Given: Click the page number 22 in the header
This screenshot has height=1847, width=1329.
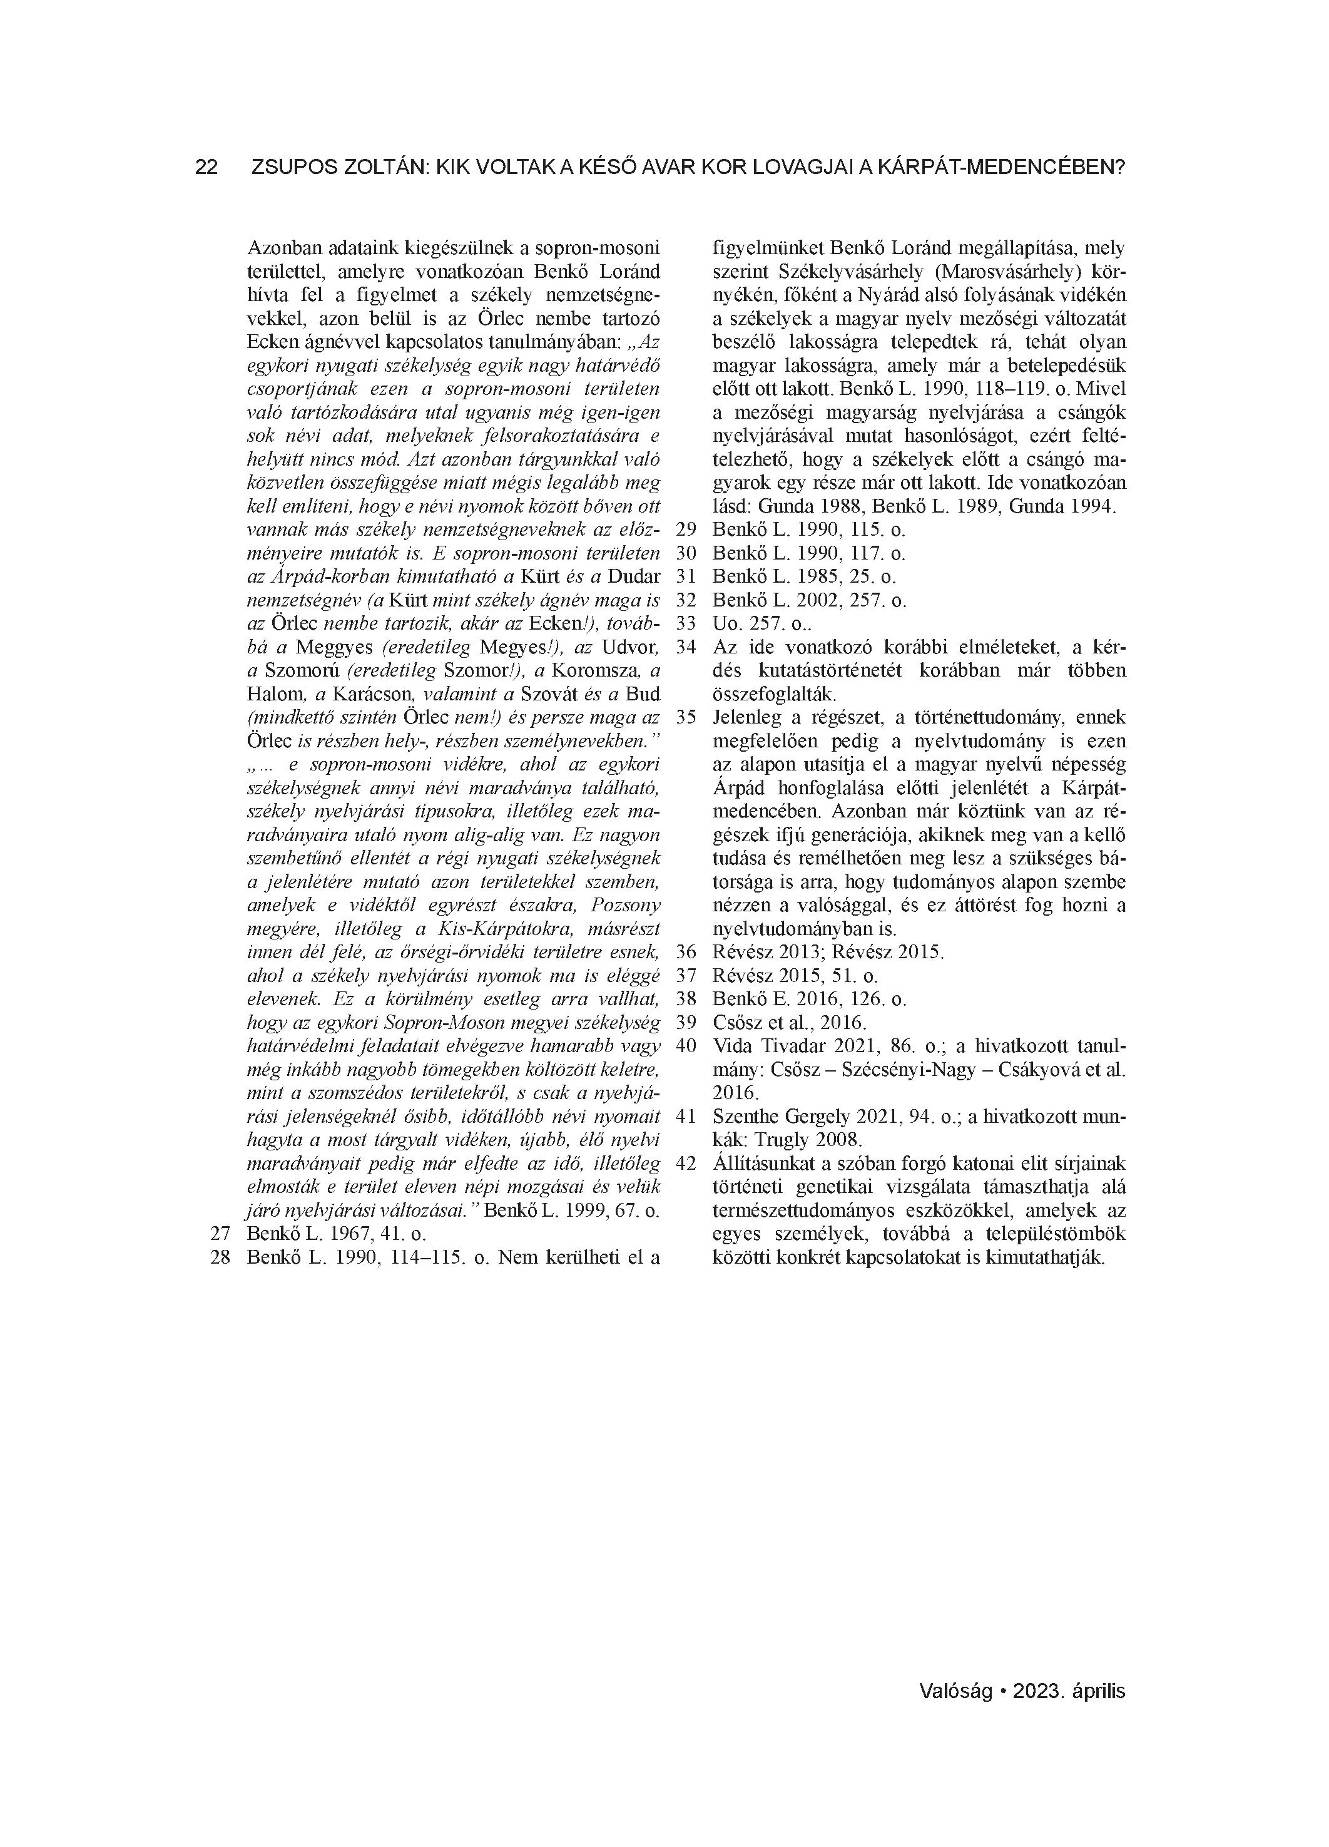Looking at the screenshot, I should (206, 167).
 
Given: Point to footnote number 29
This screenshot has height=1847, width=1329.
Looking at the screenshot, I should (686, 530).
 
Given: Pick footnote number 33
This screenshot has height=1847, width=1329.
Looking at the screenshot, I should (686, 624).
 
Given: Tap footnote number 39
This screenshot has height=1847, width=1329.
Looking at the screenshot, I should (686, 1022).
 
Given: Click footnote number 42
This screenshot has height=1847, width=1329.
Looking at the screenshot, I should (686, 1163).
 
